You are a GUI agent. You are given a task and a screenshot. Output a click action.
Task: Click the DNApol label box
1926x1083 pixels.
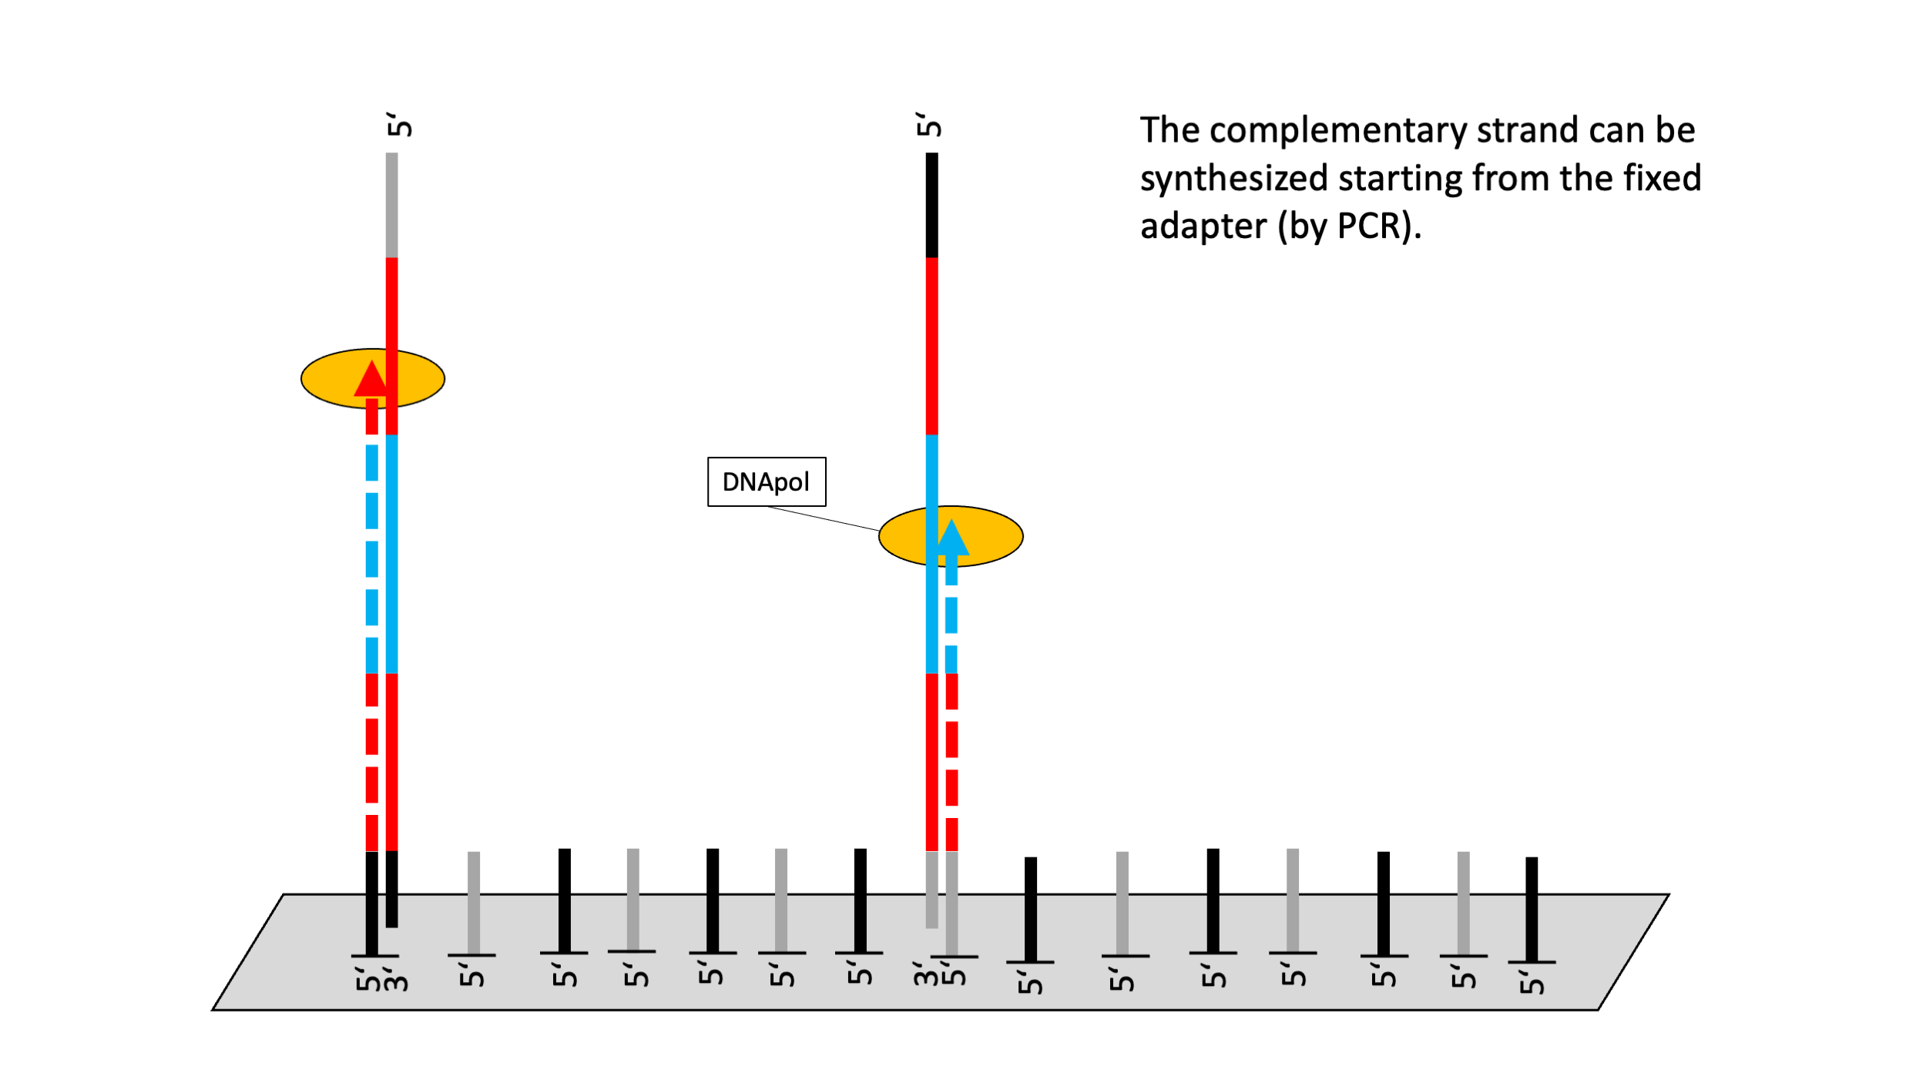point(767,482)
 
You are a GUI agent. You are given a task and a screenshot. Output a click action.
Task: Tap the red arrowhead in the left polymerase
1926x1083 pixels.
point(371,378)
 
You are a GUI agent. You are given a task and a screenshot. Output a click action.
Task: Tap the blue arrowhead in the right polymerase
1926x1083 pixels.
point(951,537)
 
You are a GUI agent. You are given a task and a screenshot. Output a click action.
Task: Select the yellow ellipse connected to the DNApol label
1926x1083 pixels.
point(951,536)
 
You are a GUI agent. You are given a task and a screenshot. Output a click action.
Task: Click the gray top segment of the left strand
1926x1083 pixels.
point(392,205)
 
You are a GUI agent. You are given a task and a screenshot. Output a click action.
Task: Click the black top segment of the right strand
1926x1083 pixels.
point(932,205)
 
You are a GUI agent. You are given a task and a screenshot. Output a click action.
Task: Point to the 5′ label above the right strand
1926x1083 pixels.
point(929,125)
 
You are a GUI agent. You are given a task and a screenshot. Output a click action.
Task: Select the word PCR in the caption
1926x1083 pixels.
point(1368,226)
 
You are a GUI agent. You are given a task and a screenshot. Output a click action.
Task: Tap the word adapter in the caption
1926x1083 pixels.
point(1203,227)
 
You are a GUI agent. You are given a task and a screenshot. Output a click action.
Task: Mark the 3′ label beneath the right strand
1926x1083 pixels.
point(926,974)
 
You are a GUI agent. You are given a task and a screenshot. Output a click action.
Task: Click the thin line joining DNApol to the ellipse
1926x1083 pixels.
point(823,518)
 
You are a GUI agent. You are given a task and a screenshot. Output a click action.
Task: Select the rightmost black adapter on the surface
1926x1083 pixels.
point(1532,910)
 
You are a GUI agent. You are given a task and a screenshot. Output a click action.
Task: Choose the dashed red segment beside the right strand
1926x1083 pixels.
point(952,763)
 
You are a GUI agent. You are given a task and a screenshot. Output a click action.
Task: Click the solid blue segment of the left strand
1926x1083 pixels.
point(392,555)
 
